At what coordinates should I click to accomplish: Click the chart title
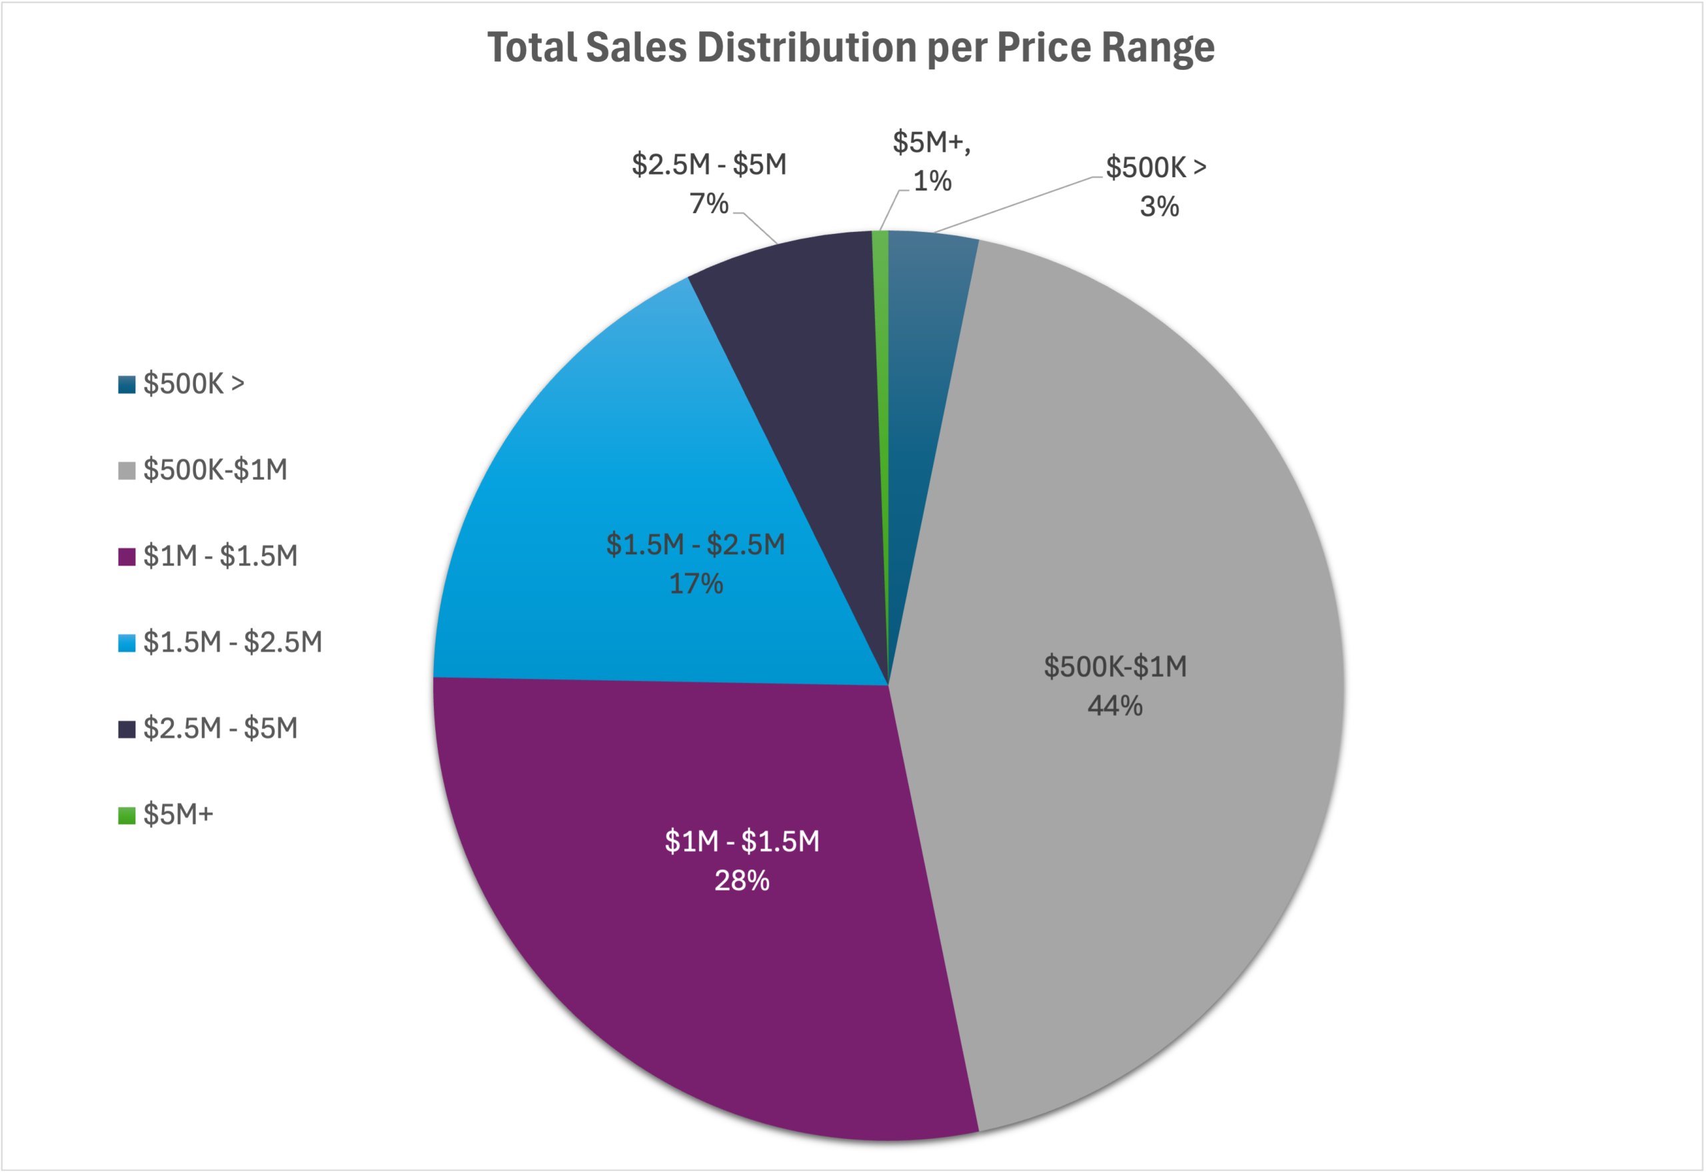coord(851,48)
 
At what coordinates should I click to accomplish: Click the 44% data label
coord(1115,706)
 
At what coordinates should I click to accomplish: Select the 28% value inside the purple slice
coord(742,881)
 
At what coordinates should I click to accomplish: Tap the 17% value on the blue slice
coord(696,584)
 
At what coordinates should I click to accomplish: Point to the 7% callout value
coord(709,204)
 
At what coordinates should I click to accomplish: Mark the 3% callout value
coord(1159,206)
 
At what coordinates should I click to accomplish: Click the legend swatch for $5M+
coord(127,815)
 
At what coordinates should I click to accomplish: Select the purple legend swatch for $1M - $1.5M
coord(127,556)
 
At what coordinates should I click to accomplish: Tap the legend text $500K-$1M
coord(215,470)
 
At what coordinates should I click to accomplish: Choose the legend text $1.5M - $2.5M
coord(233,642)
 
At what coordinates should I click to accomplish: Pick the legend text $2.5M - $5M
coord(221,728)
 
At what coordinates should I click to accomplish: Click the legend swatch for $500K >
coord(127,384)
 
